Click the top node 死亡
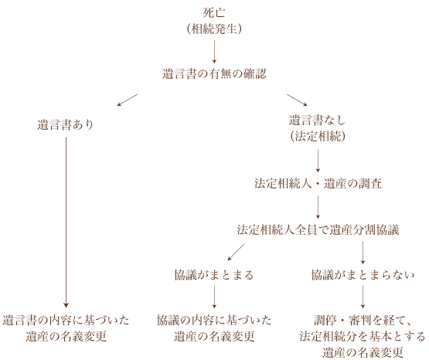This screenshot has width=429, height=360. [x=214, y=12]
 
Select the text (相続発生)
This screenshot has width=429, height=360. [x=214, y=29]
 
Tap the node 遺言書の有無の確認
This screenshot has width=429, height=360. [x=214, y=74]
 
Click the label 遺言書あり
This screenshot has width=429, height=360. [x=66, y=124]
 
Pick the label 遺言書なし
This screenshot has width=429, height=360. [x=318, y=120]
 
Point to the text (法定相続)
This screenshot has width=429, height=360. [x=318, y=136]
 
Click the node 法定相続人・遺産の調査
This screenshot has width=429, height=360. [x=318, y=183]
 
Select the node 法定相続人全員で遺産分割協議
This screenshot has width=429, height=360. [x=318, y=229]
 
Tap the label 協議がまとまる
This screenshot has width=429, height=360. [x=214, y=275]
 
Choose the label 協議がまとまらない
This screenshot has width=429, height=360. [x=363, y=275]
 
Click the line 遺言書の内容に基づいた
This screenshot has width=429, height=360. [x=66, y=320]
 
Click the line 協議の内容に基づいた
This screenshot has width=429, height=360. [x=214, y=320]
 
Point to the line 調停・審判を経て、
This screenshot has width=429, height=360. [x=363, y=320]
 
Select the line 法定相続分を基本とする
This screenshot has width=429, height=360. [x=363, y=336]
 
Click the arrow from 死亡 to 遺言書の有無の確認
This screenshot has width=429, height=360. [x=214, y=52]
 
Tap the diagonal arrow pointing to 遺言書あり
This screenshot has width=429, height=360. [x=128, y=100]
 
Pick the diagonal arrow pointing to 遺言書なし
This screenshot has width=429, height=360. [x=297, y=100]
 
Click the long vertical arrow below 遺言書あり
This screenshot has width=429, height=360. [x=66, y=222]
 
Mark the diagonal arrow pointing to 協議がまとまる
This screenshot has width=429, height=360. [x=236, y=253]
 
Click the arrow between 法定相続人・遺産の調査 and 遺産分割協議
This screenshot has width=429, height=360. [x=318, y=207]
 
